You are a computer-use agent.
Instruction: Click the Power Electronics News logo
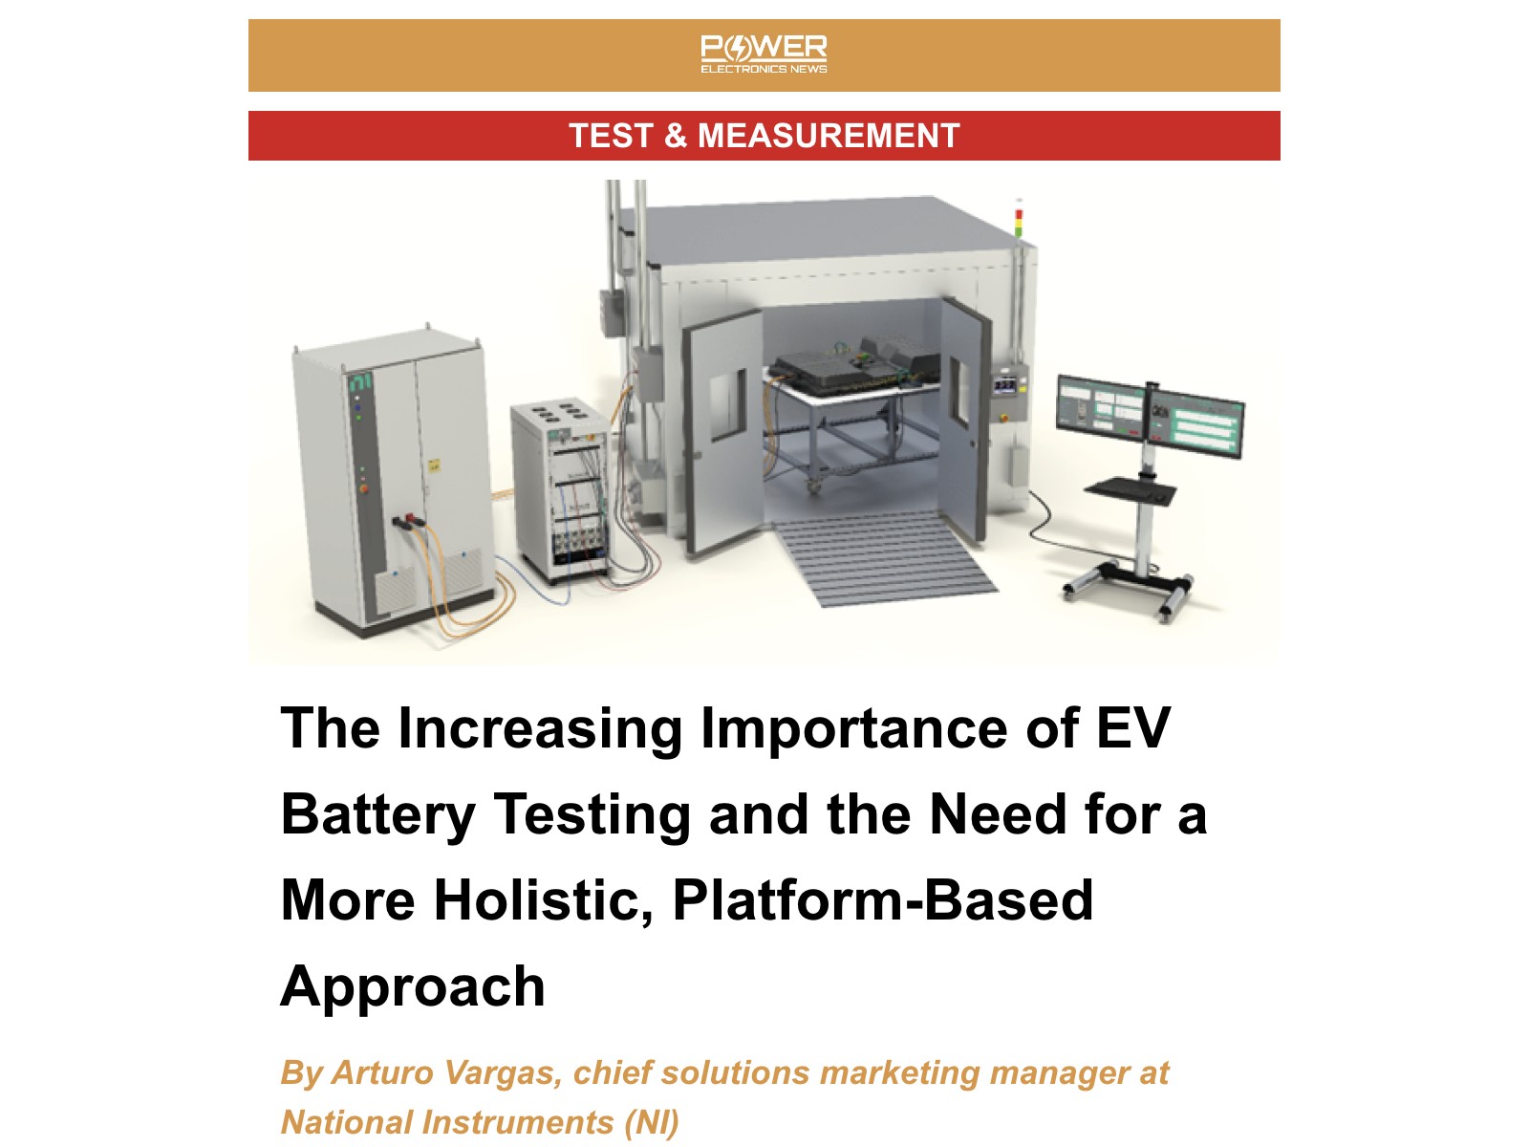click(764, 54)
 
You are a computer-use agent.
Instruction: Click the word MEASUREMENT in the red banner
click(829, 135)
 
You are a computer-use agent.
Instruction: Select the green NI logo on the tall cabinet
click(360, 381)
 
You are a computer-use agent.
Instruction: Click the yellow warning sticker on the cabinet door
click(434, 465)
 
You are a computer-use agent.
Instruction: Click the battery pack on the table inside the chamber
click(857, 365)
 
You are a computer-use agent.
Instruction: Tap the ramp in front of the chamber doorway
click(885, 557)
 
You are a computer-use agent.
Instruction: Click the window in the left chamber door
click(727, 404)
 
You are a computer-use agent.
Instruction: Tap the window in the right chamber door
click(959, 391)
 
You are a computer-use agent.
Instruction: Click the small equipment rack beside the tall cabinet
click(561, 491)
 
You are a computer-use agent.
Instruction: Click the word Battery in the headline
click(378, 814)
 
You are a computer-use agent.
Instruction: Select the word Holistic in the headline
click(544, 899)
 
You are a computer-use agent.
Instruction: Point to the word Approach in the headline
click(413, 987)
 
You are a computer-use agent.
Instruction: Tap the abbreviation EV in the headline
click(1133, 727)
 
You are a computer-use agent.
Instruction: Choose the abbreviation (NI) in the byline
click(652, 1122)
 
